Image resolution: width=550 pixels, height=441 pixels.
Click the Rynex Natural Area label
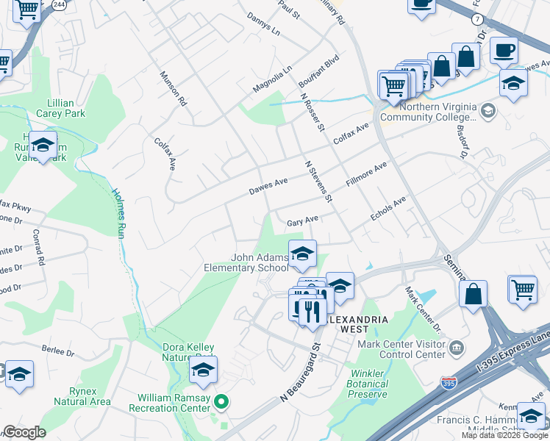82,396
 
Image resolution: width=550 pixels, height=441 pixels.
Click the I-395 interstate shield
448,382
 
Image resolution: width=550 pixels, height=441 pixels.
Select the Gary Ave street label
302,220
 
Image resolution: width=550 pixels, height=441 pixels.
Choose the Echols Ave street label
388,208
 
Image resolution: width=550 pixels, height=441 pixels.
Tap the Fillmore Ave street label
366,178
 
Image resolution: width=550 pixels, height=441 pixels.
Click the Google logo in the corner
24,432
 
